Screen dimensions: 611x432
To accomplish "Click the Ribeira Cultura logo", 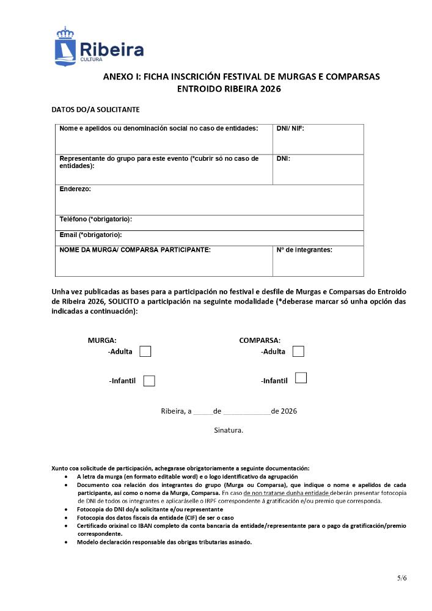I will [100, 47].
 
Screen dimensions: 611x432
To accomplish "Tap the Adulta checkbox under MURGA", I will [145, 351].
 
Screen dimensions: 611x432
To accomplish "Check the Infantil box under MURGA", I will [149, 381].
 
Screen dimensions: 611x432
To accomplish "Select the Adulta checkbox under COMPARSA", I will [298, 351].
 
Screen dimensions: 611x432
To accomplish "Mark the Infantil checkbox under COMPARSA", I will [301, 378].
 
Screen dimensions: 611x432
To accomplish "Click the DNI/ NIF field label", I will [290, 128].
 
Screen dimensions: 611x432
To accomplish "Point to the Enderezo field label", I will [75, 189].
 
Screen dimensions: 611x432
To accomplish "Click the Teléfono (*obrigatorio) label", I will [96, 219].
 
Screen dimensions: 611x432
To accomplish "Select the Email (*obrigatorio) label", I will [90, 235].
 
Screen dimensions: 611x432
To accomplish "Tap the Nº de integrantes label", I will [304, 250].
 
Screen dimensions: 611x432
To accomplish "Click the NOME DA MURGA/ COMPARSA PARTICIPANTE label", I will [135, 250].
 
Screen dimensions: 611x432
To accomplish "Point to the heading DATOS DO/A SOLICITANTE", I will [96, 110].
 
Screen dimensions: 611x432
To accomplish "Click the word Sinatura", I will [229, 430].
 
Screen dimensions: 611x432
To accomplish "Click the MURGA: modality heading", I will [102, 340].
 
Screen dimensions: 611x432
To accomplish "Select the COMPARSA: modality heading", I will [260, 340].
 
